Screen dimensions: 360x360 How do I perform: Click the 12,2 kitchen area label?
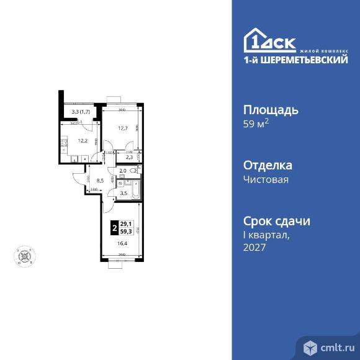(81, 140)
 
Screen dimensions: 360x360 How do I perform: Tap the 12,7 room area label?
(123, 128)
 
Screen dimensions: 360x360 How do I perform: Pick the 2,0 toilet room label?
(122, 171)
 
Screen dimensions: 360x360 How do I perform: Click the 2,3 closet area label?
(128, 158)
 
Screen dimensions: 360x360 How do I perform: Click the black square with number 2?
(114, 228)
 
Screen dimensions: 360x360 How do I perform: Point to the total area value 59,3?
(127, 232)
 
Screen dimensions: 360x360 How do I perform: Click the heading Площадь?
(270, 110)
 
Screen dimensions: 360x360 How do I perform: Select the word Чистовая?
(265, 180)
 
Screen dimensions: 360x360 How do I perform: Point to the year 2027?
(254, 247)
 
